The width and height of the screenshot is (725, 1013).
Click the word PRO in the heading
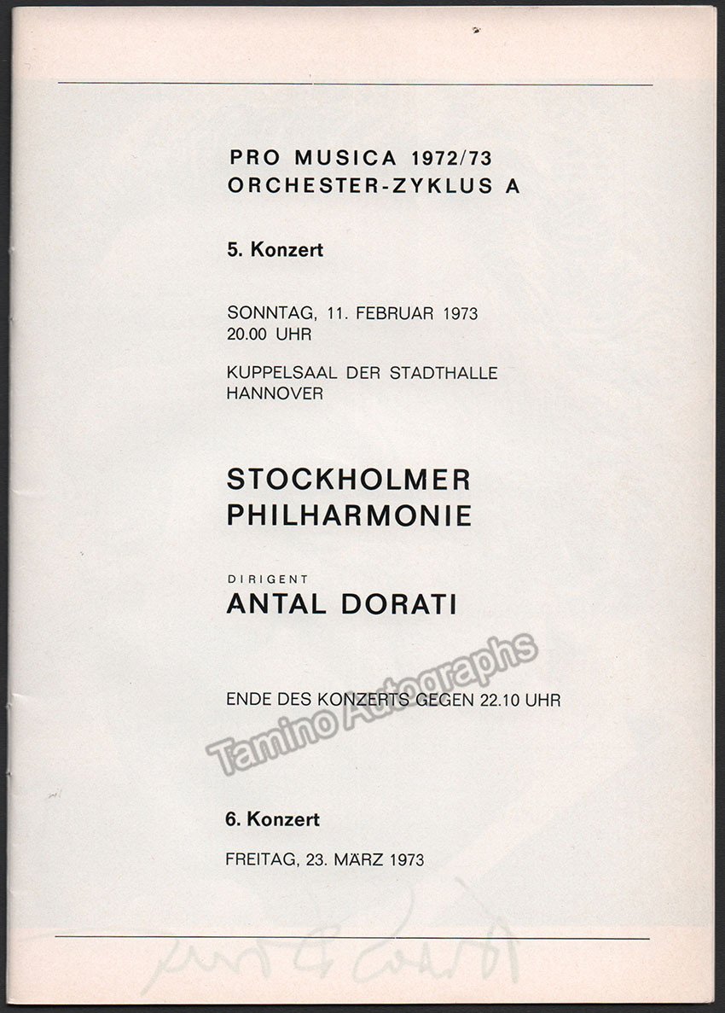point(251,158)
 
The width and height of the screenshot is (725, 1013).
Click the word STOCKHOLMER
point(348,480)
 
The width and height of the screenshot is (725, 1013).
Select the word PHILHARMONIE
point(349,515)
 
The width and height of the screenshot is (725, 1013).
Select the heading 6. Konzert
point(273,820)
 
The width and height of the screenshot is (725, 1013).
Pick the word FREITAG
point(259,859)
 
